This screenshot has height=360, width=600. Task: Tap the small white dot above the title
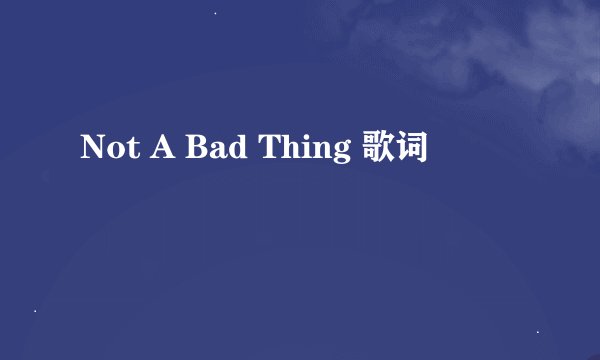click(215, 13)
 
